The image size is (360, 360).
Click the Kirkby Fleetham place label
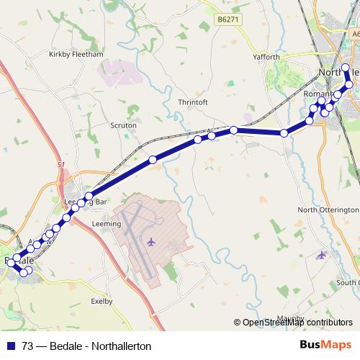76,54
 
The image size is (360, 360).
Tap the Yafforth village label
265,57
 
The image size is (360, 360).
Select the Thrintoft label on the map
193,102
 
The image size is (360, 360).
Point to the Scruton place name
123,125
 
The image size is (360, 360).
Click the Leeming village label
107,224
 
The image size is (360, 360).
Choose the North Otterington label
328,210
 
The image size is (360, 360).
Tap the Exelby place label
103,302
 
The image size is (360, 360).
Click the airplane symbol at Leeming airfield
151,241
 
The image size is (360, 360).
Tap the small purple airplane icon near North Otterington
321,254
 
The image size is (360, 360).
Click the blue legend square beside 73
9,346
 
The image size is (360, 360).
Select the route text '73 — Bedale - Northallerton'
86,346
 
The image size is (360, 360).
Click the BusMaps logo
325,346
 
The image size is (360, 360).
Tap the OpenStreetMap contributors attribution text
297,323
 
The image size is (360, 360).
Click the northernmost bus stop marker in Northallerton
346,68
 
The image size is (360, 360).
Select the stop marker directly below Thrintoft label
197,139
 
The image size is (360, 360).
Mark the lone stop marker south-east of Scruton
153,159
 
